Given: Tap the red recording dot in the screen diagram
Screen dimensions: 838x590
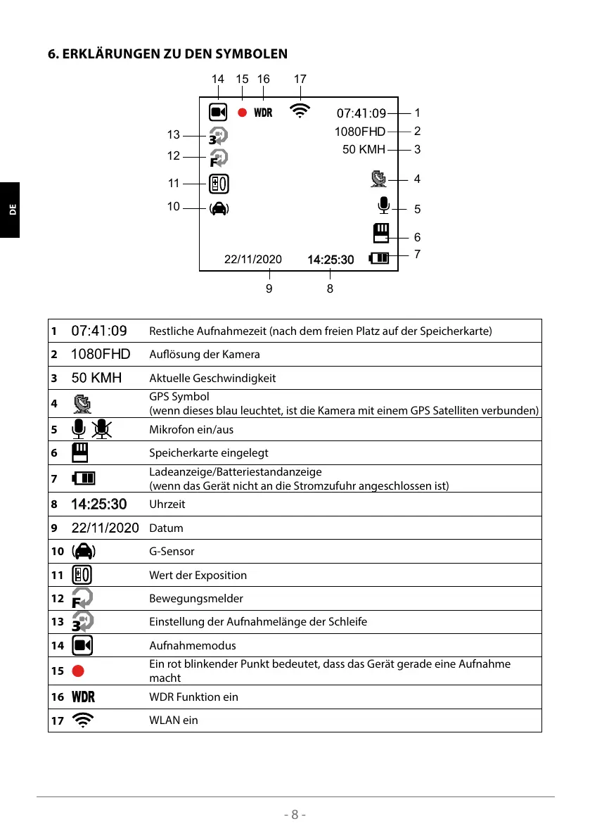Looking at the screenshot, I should (242, 113).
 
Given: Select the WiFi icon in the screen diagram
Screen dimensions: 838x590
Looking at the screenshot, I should (300, 111).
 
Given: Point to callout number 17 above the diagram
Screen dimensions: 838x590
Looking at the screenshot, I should (300, 80).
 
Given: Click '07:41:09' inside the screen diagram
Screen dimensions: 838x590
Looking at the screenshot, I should (361, 113).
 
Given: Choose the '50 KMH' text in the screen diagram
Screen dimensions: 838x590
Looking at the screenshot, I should (364, 150).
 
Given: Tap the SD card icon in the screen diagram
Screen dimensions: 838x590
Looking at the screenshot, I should (381, 233).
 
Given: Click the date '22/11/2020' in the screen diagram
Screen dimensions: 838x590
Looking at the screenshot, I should (252, 259).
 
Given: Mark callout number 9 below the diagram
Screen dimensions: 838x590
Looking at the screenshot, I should (269, 288).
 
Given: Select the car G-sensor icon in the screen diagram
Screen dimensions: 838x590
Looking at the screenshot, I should (219, 208).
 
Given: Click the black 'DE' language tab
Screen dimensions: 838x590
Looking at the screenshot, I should (10, 210).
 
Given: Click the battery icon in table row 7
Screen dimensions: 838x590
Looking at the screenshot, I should (84, 479).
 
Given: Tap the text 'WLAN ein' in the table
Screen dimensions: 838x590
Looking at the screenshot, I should (174, 720).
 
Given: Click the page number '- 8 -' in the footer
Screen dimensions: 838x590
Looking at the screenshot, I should (295, 815).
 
